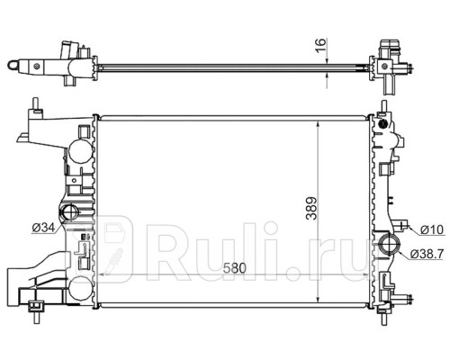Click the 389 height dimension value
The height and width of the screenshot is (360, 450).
tap(312, 208)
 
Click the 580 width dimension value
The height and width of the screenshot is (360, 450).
tap(234, 268)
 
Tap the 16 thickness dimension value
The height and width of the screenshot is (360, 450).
tap(321, 46)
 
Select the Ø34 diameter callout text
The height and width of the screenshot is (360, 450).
tap(44, 229)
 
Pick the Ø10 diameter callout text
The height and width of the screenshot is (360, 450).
tap(432, 229)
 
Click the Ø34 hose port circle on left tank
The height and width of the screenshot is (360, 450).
tap(70, 211)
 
